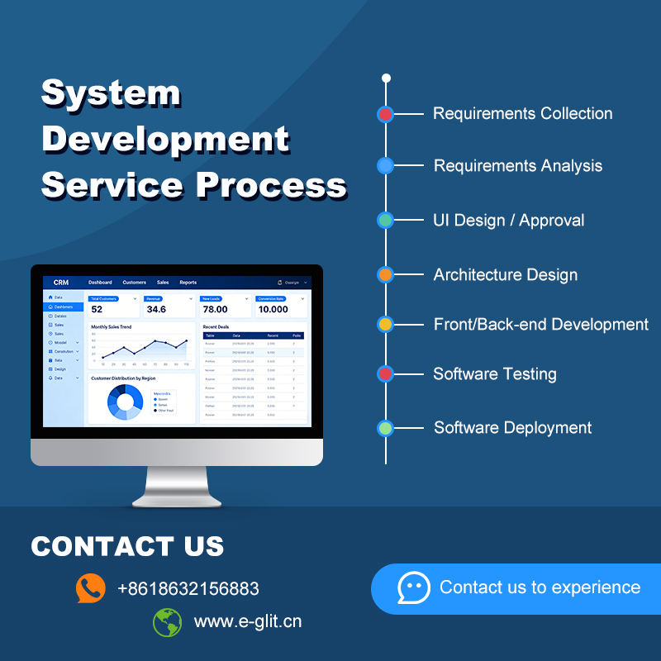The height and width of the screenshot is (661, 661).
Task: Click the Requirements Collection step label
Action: point(522,114)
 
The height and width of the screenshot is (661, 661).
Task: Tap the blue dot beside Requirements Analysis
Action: point(385,166)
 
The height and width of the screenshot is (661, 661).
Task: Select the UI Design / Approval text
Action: point(508,221)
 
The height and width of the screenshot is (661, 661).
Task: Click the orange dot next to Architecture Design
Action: point(385,274)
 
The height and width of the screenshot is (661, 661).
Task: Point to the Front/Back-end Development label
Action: point(540,325)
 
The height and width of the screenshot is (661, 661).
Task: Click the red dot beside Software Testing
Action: point(385,374)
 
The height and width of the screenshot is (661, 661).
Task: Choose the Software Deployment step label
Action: point(512,428)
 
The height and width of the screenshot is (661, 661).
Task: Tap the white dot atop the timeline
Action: point(386,78)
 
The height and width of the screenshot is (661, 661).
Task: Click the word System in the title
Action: point(111,93)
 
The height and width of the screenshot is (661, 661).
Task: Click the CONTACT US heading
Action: point(127,546)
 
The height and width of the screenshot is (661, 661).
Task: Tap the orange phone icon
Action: point(91,588)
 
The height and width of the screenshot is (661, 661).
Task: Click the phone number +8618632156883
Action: point(188,589)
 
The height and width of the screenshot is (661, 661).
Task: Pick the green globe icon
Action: point(167,621)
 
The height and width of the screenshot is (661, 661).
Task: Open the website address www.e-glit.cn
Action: point(248,621)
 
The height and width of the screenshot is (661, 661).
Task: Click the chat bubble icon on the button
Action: point(414,588)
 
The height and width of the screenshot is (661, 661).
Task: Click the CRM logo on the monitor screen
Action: point(61,283)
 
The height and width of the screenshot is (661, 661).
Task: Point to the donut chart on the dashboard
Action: point(126,402)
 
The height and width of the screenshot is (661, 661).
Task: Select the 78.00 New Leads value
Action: point(216,309)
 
